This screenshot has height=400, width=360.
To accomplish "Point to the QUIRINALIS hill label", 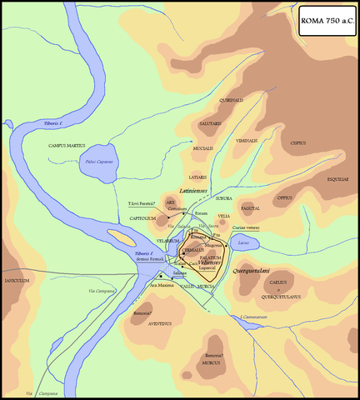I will tap(232, 100).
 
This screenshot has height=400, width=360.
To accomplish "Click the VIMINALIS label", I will tap(247, 141).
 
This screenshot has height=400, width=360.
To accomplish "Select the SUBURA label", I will tap(223, 199).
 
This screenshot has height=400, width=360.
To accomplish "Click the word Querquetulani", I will tap(249, 272).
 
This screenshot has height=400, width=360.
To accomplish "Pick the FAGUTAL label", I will tap(250, 208).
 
